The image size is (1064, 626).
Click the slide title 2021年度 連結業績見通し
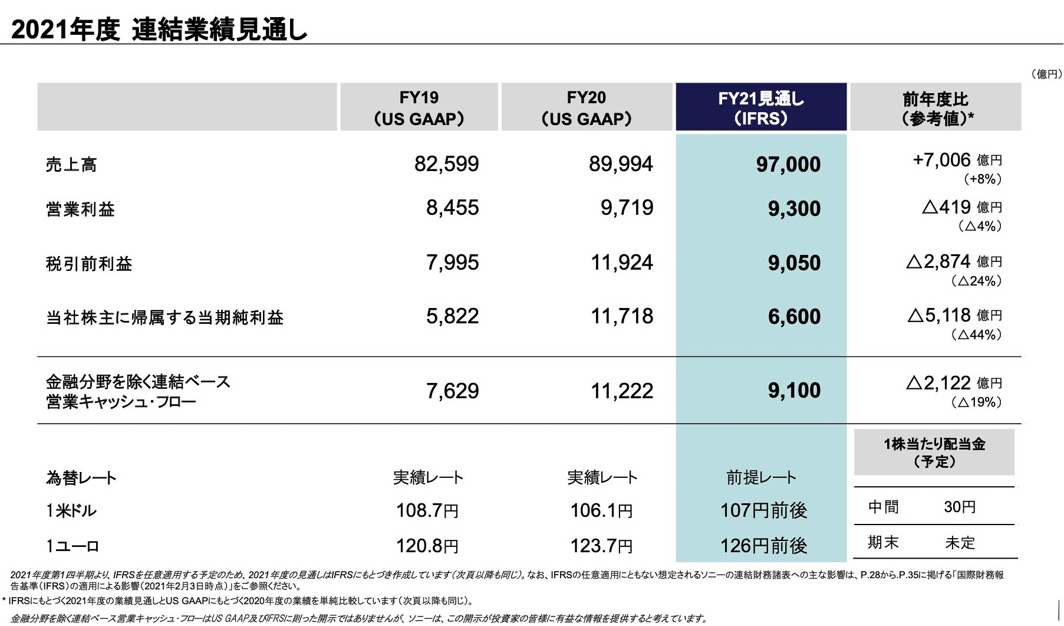pyautogui.click(x=159, y=30)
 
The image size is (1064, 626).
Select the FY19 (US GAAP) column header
pyautogui.click(x=419, y=107)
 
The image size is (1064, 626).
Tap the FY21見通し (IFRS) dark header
pyautogui.click(x=760, y=107)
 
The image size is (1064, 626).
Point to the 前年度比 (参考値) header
pyautogui.click(x=935, y=107)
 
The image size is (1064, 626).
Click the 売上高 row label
pyautogui.click(x=71, y=165)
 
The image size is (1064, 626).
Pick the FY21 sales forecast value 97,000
pyautogui.click(x=788, y=165)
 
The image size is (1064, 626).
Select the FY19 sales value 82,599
pyautogui.click(x=446, y=164)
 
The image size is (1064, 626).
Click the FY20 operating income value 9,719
pyautogui.click(x=627, y=208)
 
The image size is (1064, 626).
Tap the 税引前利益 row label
pyautogui.click(x=89, y=264)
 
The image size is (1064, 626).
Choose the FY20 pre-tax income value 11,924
pyautogui.click(x=622, y=263)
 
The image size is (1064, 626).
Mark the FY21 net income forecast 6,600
pyautogui.click(x=794, y=317)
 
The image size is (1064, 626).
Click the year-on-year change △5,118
pyautogui.click(x=939, y=316)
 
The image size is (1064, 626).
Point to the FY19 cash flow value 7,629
pyautogui.click(x=452, y=391)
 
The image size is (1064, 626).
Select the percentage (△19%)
pyautogui.click(x=976, y=402)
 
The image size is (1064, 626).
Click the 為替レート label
pyautogui.click(x=81, y=477)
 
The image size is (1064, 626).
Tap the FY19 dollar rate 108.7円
pyautogui.click(x=427, y=510)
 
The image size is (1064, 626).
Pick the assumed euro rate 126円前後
pyautogui.click(x=763, y=546)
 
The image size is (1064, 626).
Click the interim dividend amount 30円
pyautogui.click(x=960, y=507)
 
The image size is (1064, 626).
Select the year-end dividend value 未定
pyautogui.click(x=960, y=542)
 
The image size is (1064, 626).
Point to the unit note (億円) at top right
pyautogui.click(x=1046, y=74)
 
